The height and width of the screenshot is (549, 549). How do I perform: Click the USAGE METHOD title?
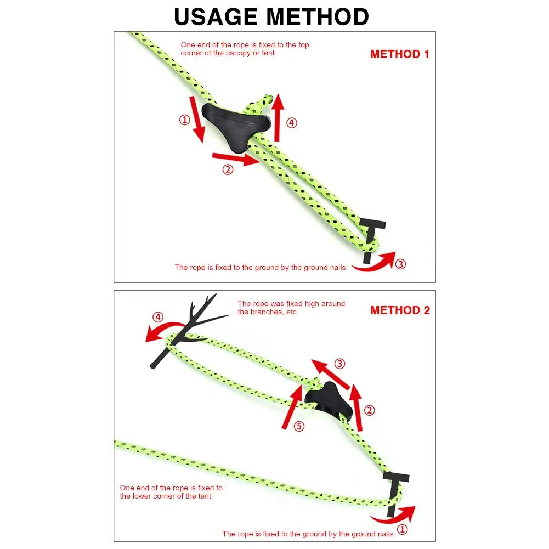(x=271, y=16)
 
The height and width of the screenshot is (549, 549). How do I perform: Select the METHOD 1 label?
(x=400, y=54)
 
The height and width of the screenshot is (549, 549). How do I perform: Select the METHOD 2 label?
(x=400, y=310)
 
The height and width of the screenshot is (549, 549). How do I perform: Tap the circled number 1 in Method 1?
(x=185, y=120)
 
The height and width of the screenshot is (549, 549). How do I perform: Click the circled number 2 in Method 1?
(x=228, y=169)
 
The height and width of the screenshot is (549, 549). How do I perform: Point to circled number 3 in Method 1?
(x=401, y=264)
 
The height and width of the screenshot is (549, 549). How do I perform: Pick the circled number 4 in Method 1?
(x=292, y=123)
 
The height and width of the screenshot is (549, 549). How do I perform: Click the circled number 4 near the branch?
(x=158, y=317)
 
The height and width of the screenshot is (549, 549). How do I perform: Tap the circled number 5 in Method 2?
(x=299, y=426)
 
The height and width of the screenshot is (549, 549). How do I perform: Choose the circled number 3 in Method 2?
(x=340, y=363)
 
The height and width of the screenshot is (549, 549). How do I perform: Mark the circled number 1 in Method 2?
(x=402, y=530)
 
